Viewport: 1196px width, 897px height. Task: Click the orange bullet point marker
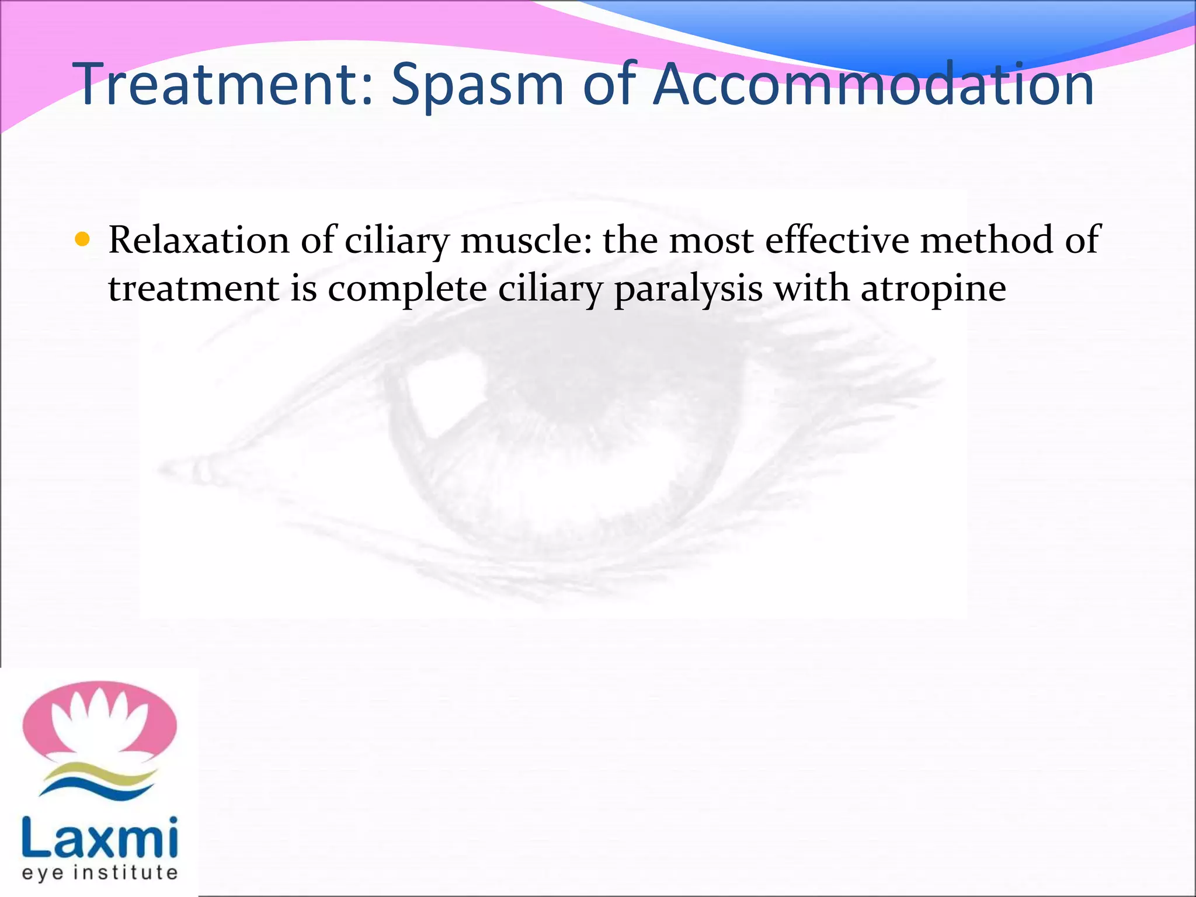(83, 239)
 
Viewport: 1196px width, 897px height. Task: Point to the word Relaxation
(199, 240)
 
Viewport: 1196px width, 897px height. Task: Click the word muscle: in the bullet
(526, 240)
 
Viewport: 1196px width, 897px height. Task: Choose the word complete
(407, 289)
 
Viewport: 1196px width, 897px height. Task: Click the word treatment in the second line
(193, 289)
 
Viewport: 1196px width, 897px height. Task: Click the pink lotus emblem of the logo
(99, 722)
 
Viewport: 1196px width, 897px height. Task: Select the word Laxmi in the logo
(99, 837)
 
